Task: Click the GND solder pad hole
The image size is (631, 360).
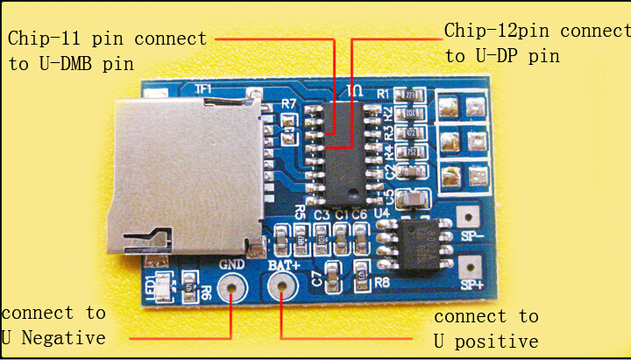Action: [x=231, y=286]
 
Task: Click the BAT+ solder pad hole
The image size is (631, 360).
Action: [x=281, y=285]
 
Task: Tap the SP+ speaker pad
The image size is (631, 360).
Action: [x=470, y=265]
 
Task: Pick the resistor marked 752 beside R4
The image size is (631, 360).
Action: [x=409, y=152]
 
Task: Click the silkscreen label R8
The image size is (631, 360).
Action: [x=381, y=282]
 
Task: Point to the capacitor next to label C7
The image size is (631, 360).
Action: [x=333, y=277]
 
